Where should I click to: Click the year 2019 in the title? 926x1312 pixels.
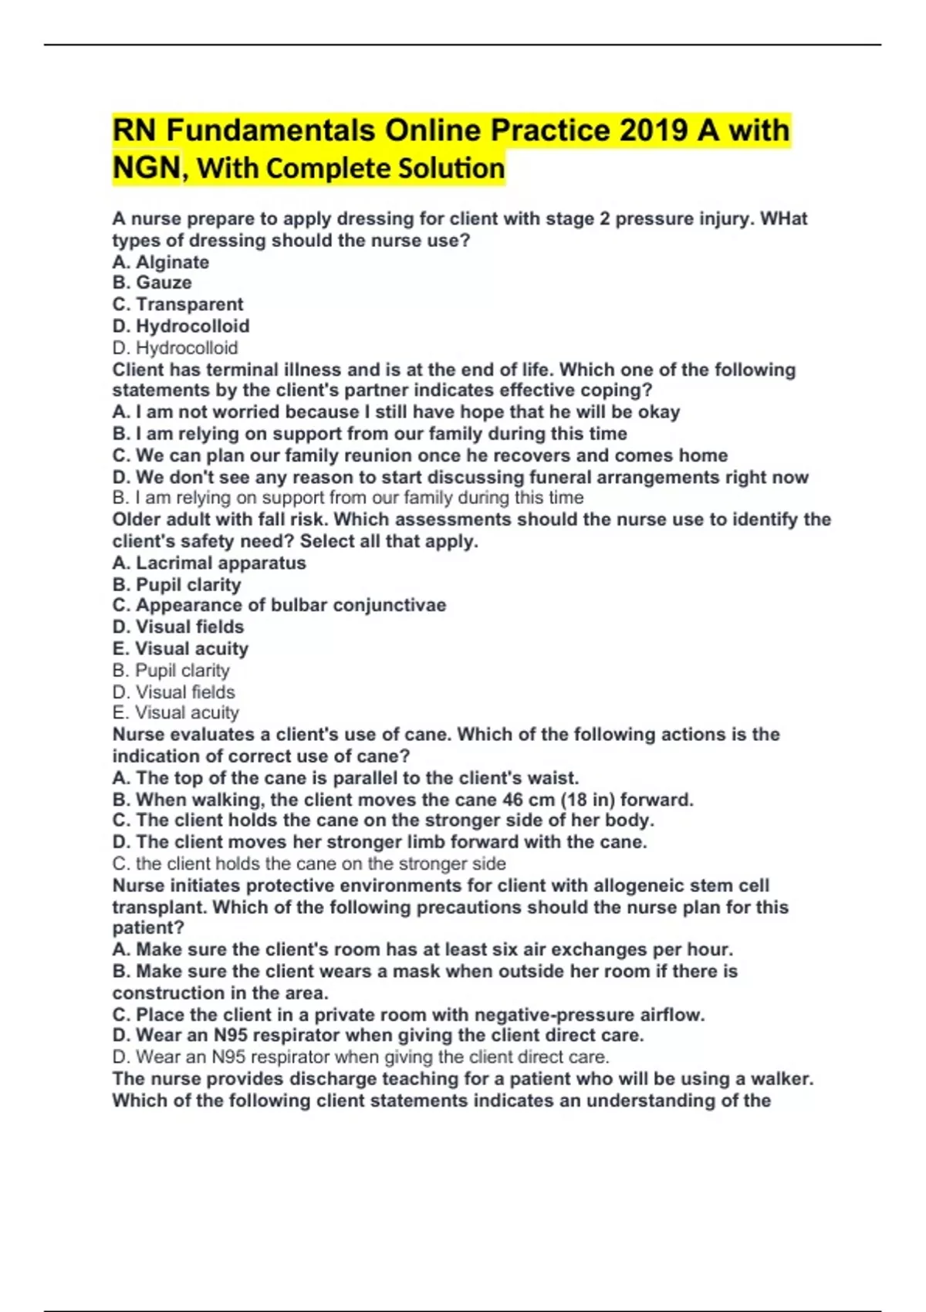click(x=653, y=130)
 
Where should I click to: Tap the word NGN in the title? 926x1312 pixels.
click(x=147, y=167)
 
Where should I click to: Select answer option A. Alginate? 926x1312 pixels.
click(x=161, y=262)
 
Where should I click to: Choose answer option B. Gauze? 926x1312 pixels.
click(x=152, y=283)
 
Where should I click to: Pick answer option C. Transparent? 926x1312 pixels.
click(x=177, y=305)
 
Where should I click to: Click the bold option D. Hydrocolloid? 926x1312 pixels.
click(x=181, y=326)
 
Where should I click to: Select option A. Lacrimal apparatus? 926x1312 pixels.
click(x=209, y=563)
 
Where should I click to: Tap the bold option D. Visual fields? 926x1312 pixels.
click(x=178, y=627)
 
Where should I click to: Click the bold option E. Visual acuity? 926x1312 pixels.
click(x=181, y=649)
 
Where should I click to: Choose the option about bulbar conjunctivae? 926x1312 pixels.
click(x=279, y=605)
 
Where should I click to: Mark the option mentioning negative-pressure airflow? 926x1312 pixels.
click(x=408, y=1015)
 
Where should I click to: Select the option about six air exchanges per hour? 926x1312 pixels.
click(x=422, y=950)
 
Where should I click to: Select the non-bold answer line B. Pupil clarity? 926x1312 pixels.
click(x=171, y=671)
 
